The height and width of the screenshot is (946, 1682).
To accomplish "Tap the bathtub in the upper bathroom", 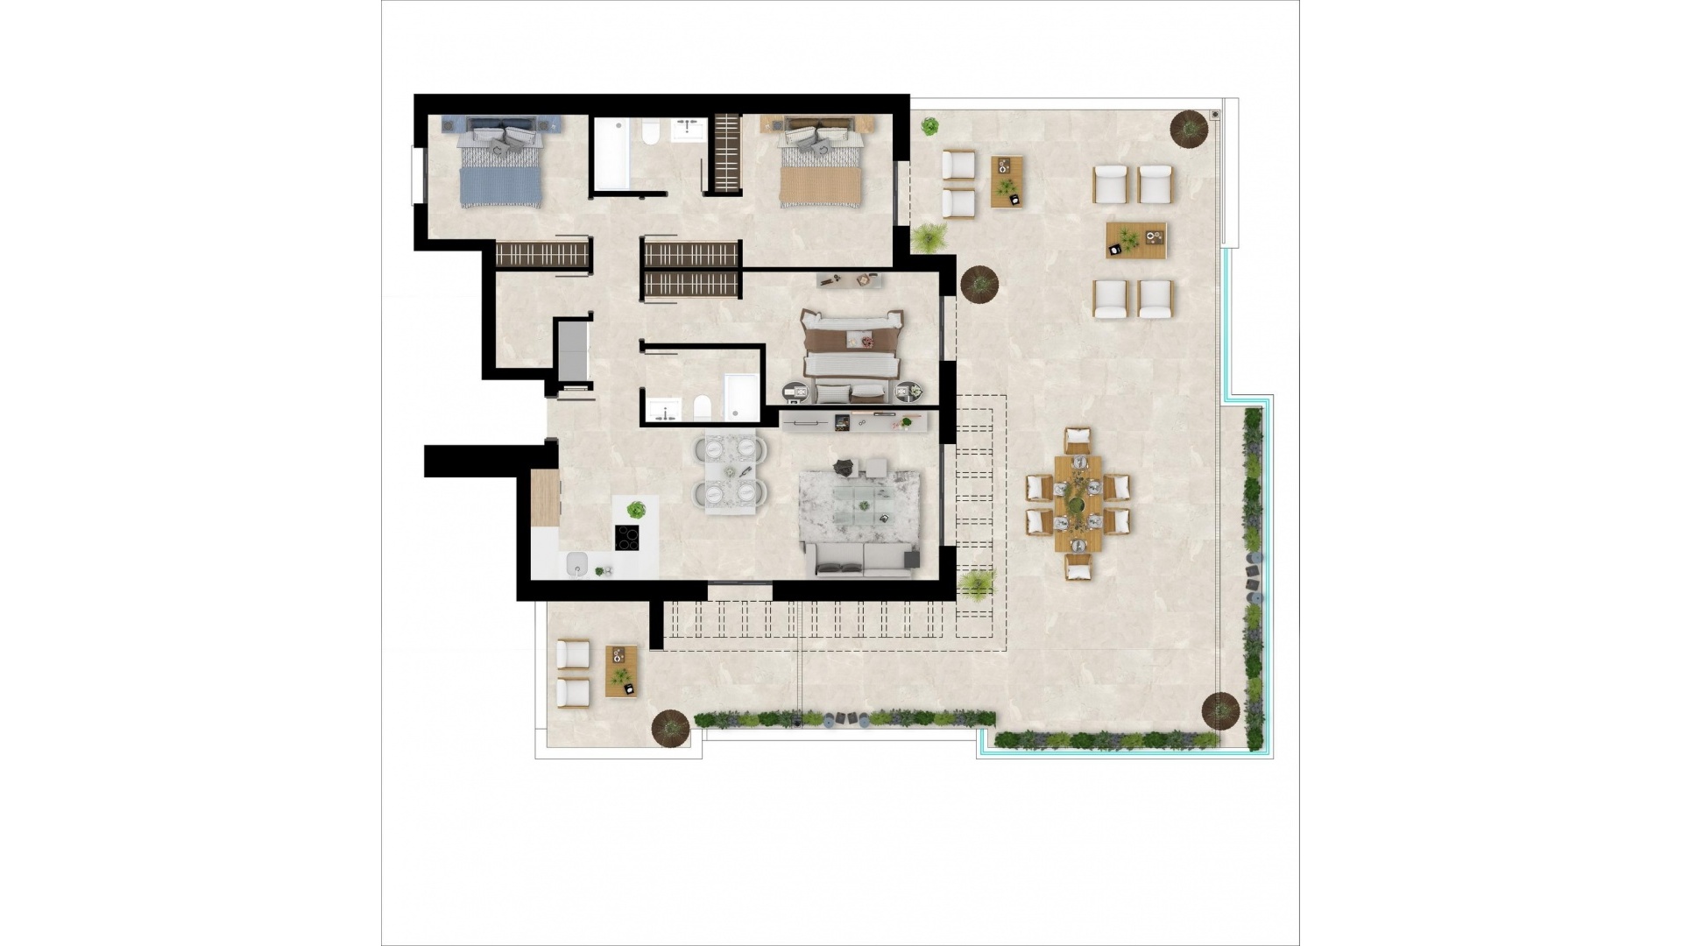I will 611,156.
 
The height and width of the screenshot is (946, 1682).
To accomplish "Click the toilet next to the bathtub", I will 650,134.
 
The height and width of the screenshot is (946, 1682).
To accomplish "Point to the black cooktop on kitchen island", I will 627,537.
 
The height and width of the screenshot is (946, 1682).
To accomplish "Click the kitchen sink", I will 577,565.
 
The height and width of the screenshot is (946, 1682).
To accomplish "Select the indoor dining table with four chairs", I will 729,472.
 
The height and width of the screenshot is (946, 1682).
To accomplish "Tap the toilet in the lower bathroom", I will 702,408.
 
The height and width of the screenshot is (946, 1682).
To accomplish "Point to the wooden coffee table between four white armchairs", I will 1135,239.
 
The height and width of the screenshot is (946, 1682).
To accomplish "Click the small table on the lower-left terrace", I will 622,670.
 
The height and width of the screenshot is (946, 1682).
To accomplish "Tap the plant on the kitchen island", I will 637,509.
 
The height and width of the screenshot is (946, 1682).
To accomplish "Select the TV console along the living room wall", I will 857,424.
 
